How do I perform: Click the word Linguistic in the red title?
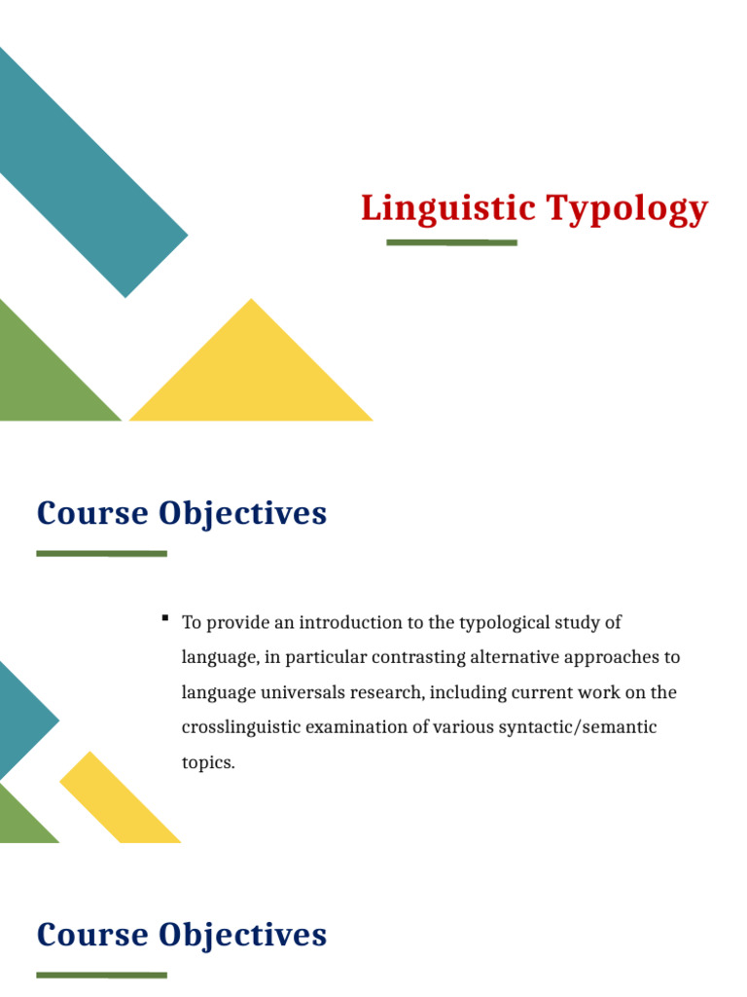pos(447,208)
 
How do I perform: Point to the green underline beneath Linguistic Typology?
pos(451,242)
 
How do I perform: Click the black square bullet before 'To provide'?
pos(165,618)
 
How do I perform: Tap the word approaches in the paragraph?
pos(613,658)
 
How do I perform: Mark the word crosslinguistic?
pos(241,728)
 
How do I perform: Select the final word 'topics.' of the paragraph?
pos(208,763)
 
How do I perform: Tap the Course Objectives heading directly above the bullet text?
pos(182,513)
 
